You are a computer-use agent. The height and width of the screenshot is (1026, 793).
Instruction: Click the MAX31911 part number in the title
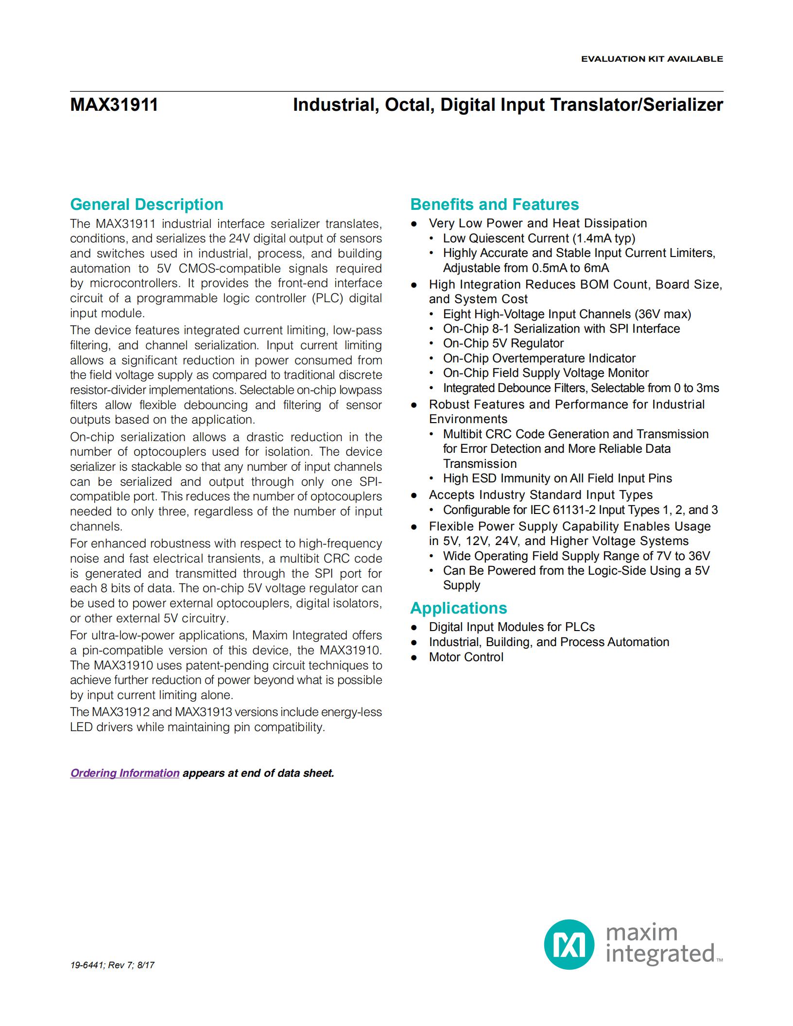pyautogui.click(x=114, y=105)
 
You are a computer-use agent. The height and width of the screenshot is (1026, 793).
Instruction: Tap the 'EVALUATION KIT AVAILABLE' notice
pyautogui.click(x=652, y=59)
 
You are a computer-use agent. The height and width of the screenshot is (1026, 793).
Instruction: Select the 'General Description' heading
pyautogui.click(x=146, y=205)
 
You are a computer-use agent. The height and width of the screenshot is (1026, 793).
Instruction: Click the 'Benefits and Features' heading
pyautogui.click(x=494, y=205)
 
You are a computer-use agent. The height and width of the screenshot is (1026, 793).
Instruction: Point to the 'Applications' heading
pyautogui.click(x=458, y=608)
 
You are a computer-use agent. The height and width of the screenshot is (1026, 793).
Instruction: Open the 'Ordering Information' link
pyautogui.click(x=125, y=773)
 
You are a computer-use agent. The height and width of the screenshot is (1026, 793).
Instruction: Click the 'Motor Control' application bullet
pyautogui.click(x=465, y=657)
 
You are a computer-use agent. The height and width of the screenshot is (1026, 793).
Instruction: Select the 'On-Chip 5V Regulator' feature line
pyautogui.click(x=503, y=343)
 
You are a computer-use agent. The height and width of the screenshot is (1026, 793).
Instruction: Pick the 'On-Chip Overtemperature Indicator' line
pyautogui.click(x=539, y=359)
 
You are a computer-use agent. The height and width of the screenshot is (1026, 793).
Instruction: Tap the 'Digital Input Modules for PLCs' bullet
pyautogui.click(x=511, y=627)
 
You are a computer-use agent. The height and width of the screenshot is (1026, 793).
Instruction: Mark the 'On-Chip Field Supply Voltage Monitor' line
pyautogui.click(x=546, y=373)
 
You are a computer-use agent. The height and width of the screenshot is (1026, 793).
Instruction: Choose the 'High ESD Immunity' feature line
pyautogui.click(x=557, y=479)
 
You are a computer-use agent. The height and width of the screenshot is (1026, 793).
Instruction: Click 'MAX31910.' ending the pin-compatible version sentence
pyautogui.click(x=350, y=650)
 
